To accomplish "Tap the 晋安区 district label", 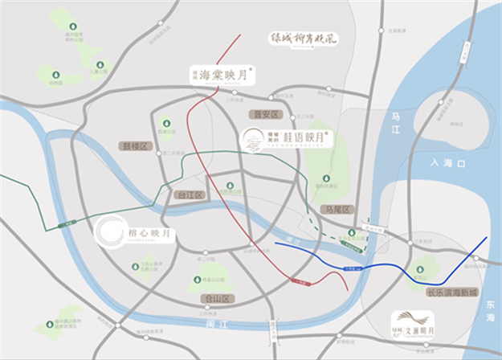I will click(263, 115).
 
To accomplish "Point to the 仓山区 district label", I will click(216, 298).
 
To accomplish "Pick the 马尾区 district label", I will click(337, 209).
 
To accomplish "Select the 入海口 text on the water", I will click(447, 163).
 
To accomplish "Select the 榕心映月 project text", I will click(149, 233).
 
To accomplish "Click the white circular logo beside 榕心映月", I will click(108, 231).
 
